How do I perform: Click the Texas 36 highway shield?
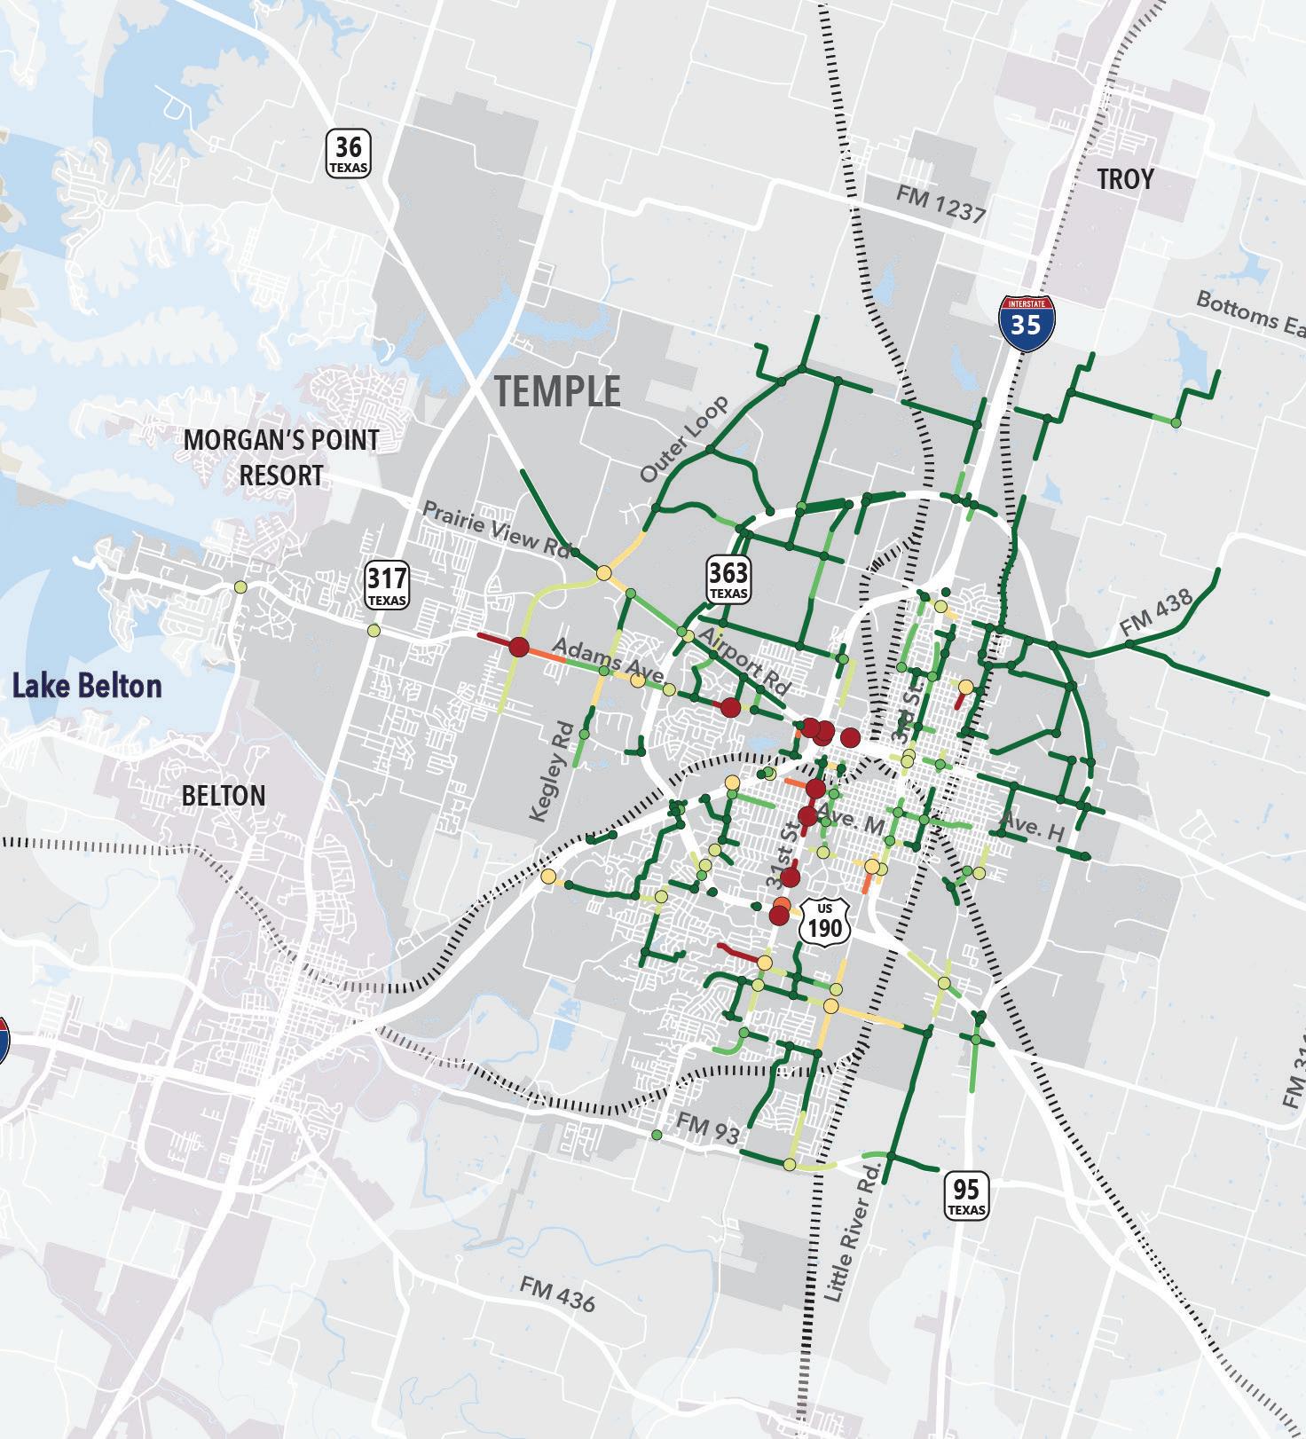[x=348, y=153]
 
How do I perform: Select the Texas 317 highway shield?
[x=387, y=586]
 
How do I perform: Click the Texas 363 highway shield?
[x=728, y=579]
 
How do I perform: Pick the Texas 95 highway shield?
[x=966, y=1196]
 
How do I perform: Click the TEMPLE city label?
[x=557, y=391]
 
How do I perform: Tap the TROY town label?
[x=1125, y=179]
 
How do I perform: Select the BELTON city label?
[x=224, y=795]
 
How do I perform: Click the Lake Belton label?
[x=87, y=686]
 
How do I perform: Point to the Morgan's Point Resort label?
[x=281, y=457]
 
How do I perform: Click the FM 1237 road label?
[x=940, y=204]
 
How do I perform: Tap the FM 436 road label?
[x=557, y=1294]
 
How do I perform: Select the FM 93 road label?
[x=708, y=1128]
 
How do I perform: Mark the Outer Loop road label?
[x=684, y=440]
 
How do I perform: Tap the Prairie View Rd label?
[x=494, y=531]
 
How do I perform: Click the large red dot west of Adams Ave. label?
[x=519, y=646]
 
